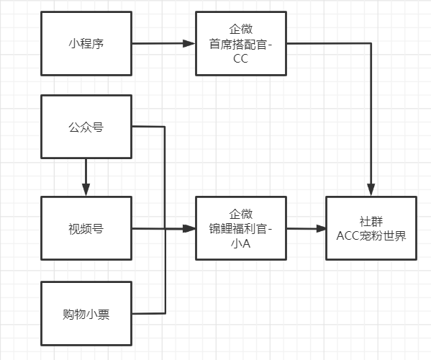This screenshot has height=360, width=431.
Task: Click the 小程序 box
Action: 86,43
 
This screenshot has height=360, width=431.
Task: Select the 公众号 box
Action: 86,127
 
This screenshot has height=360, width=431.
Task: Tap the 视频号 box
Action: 86,230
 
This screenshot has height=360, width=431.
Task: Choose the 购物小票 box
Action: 86,314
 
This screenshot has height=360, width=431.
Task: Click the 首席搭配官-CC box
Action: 240,43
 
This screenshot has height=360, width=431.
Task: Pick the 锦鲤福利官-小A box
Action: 240,230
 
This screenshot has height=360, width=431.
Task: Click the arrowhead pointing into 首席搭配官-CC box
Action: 189,43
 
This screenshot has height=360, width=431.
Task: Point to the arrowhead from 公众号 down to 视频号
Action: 86,189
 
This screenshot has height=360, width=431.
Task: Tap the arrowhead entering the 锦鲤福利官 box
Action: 189,229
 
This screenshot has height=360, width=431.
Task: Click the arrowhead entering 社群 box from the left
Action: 320,228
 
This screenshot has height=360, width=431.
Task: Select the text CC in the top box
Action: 240,59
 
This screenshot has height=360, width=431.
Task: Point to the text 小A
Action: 240,245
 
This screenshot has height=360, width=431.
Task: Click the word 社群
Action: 371,220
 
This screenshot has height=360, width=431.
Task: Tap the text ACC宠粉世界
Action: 371,235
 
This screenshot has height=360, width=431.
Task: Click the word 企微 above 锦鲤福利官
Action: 240,214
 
